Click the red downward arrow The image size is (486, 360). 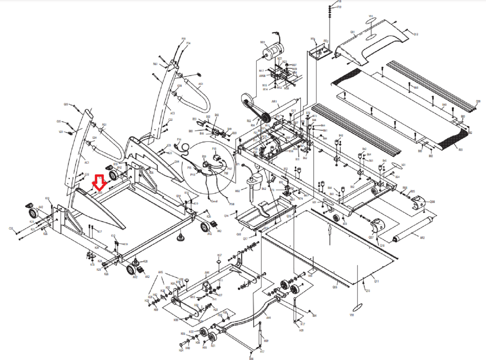click(99, 183)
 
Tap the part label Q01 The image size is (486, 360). click(352, 32)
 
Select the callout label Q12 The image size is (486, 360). click(416, 34)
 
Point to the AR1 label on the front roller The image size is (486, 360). click(274, 101)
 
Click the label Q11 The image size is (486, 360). click(376, 281)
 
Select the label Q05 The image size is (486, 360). click(335, 287)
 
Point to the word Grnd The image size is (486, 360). click(214, 201)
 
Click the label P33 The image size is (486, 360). click(184, 39)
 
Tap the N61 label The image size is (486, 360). click(155, 64)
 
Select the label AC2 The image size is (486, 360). click(172, 113)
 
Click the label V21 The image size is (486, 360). click(61, 132)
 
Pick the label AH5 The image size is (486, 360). click(160, 272)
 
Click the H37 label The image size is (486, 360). click(220, 255)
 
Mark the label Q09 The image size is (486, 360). click(478, 101)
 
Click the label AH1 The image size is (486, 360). click(269, 318)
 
